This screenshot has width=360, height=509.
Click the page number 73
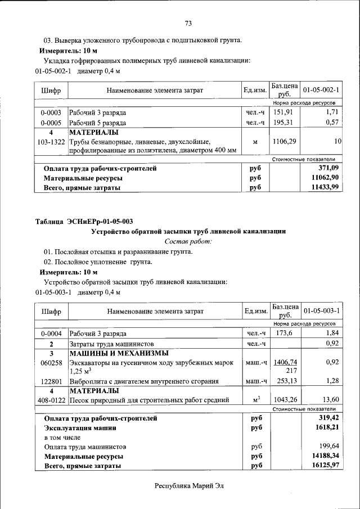click(x=188, y=23)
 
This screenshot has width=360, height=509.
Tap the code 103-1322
click(x=51, y=142)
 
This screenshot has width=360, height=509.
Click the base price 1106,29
click(x=284, y=142)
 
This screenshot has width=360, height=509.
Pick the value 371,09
click(x=328, y=168)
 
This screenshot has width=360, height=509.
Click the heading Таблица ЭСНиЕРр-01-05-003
click(x=84, y=221)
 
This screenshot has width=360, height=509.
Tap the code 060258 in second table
click(x=51, y=363)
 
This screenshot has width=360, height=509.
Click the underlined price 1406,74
click(x=285, y=362)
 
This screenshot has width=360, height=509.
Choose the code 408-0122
click(x=51, y=400)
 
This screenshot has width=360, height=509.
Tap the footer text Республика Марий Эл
click(x=188, y=486)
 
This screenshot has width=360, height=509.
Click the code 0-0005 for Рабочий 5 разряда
click(x=51, y=122)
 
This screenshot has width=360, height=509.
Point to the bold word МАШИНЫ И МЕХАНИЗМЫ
click(x=119, y=353)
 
